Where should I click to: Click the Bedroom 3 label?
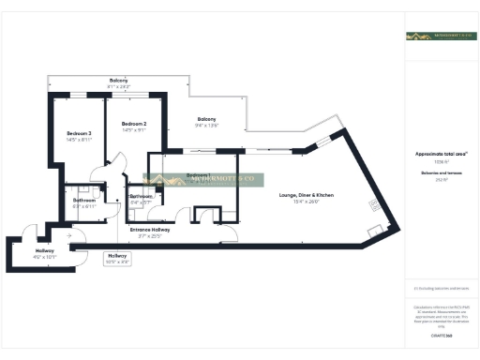(78, 134)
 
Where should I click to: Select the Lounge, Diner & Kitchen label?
(307, 195)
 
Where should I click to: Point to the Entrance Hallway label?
(148, 229)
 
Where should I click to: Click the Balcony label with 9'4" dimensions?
(206, 119)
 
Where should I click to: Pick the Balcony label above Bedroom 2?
(118, 81)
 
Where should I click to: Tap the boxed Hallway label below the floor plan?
(117, 255)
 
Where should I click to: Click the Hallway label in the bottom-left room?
(45, 250)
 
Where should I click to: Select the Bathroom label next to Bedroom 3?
(85, 200)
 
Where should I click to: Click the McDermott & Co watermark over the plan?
(203, 180)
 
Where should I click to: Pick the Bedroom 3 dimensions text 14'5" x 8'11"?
(78, 140)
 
